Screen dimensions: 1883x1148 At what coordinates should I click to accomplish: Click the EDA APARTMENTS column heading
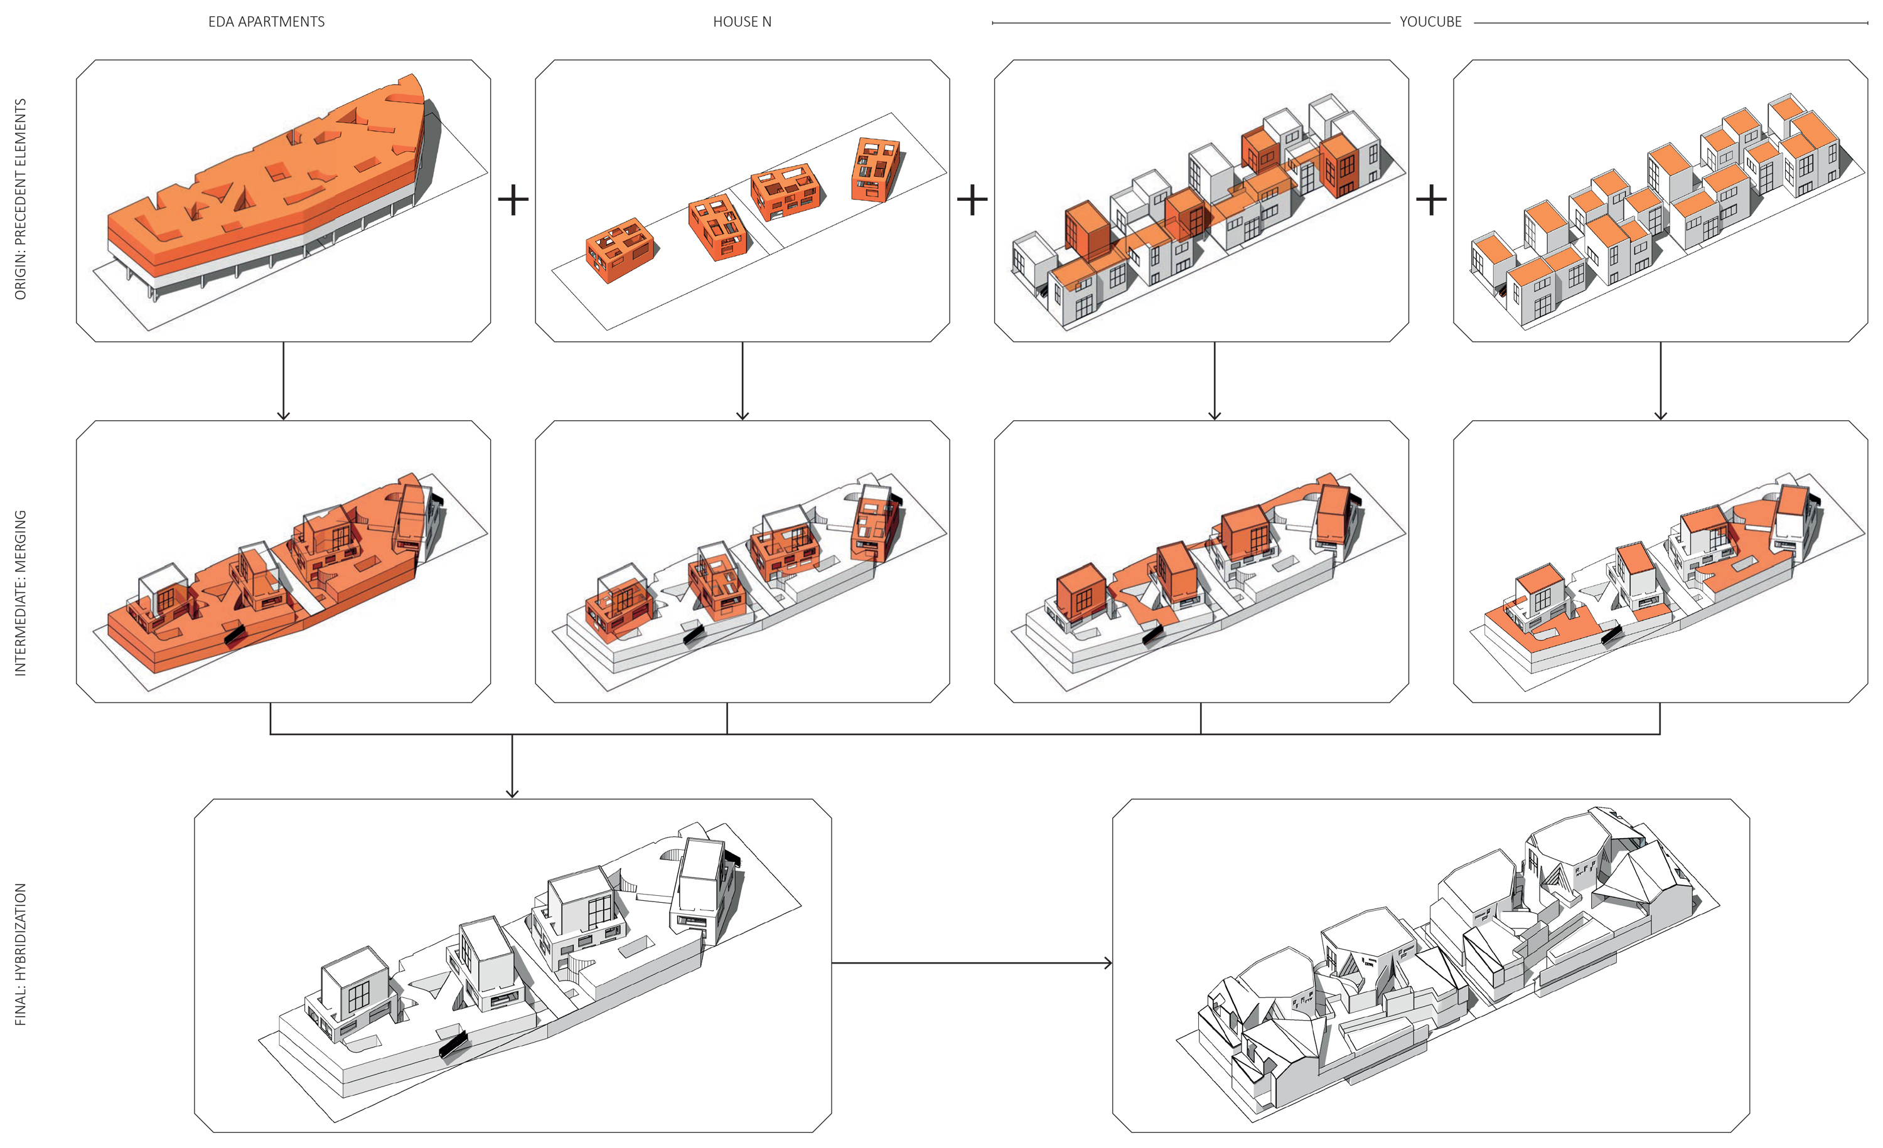266,21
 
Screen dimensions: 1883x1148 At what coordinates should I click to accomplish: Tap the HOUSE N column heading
742,21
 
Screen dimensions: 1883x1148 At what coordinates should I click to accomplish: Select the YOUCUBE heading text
1430,21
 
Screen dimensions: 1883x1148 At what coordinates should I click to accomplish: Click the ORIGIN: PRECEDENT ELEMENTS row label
21,199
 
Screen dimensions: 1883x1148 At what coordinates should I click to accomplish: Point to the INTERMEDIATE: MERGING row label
21,593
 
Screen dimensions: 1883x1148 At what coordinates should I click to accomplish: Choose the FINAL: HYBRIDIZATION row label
21,954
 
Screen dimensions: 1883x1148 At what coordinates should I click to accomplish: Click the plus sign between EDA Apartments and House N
513,200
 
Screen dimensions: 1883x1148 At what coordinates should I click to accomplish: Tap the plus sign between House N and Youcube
972,200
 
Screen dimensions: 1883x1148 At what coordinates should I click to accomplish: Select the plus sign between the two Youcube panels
1430,200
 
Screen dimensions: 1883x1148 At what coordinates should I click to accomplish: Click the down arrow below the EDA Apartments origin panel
284,380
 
